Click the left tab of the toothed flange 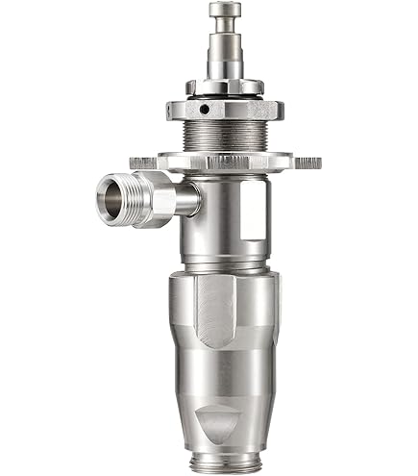[142, 161]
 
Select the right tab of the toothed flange [307, 162]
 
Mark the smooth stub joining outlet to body [189, 200]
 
